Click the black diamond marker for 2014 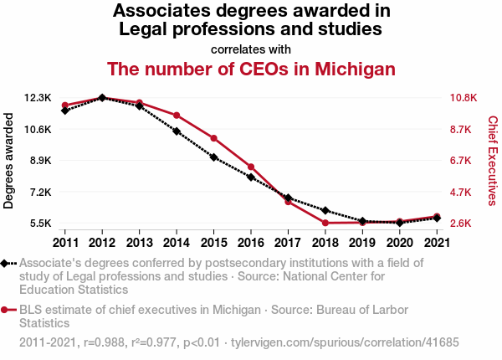click(x=177, y=131)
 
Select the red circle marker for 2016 click(x=251, y=167)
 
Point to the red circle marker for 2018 click(x=325, y=223)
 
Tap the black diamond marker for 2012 click(x=102, y=98)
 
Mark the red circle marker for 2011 click(x=64, y=105)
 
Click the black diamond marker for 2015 click(x=213, y=157)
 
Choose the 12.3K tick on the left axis click(x=37, y=98)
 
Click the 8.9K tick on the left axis click(x=38, y=161)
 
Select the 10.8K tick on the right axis click(x=463, y=98)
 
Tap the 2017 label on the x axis click(x=287, y=243)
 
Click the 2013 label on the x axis click(x=139, y=243)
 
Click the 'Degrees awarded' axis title click(x=9, y=161)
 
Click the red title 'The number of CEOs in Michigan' click(x=251, y=69)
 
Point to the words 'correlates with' click(x=251, y=48)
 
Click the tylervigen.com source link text click(x=345, y=343)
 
